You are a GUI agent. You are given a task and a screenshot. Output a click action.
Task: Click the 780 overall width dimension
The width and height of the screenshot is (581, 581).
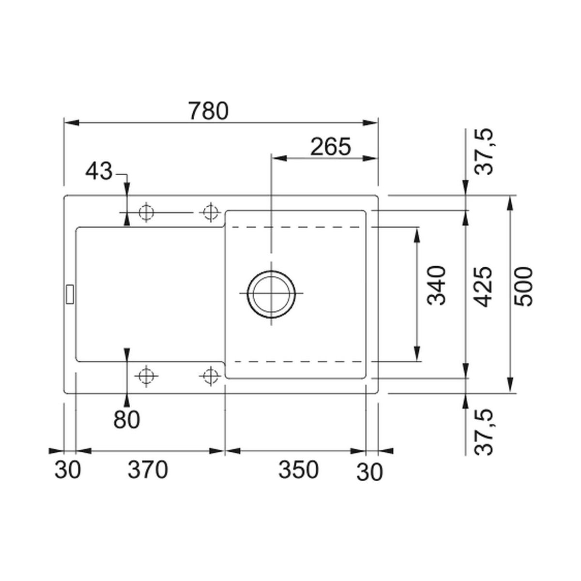coord(209,111)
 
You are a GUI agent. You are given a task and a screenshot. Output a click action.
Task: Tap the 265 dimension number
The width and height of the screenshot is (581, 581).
coord(331,147)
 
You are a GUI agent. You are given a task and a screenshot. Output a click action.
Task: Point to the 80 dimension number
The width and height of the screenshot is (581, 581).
coord(127,419)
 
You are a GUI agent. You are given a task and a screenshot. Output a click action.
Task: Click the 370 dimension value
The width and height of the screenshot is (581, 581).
coord(148,470)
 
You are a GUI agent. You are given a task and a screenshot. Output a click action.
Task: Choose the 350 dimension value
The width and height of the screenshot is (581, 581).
coord(298,470)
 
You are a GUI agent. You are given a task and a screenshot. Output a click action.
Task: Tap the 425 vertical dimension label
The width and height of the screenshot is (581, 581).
coord(483,287)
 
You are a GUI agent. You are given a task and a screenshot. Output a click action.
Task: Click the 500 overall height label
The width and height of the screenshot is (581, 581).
coord(524,287)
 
